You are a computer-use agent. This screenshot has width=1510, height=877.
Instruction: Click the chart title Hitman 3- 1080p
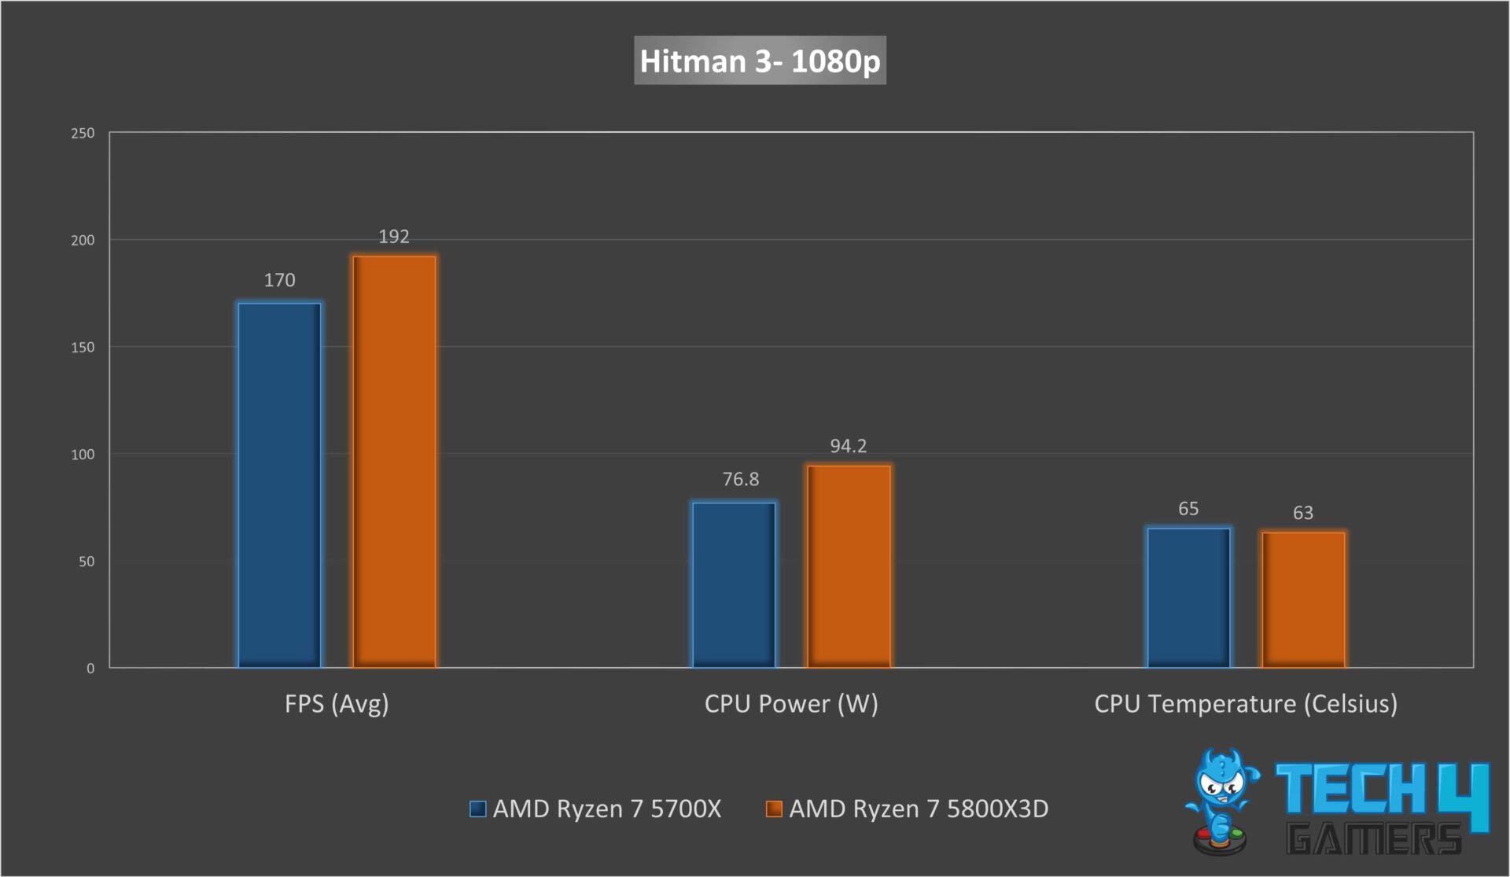[x=760, y=61]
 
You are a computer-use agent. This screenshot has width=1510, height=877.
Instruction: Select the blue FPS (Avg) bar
[x=279, y=485]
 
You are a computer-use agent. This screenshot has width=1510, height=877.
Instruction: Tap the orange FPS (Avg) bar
[x=394, y=462]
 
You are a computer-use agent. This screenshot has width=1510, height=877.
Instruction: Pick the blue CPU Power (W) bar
[x=734, y=584]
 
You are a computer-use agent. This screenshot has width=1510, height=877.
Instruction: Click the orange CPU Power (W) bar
[x=849, y=566]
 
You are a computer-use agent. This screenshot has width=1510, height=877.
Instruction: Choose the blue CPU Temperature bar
[x=1188, y=597]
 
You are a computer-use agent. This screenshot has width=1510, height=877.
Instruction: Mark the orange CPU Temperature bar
[x=1303, y=599]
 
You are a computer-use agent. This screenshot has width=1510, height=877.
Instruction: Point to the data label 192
[x=394, y=237]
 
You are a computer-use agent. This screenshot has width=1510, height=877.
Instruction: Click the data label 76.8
[x=741, y=479]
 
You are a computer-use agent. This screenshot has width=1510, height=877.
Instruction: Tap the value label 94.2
[x=849, y=446]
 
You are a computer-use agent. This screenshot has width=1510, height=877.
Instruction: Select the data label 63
[x=1303, y=513]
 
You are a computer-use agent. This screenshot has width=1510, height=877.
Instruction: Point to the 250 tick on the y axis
[x=83, y=133]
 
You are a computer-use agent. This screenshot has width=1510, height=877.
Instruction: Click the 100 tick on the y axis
[x=83, y=454]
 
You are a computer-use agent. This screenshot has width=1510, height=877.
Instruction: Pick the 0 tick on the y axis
[x=90, y=669]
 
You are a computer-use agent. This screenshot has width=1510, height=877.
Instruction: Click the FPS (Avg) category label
[x=337, y=703]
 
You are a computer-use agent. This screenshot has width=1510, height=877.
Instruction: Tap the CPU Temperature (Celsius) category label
[x=1246, y=703]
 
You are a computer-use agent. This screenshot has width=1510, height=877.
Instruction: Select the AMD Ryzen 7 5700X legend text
[x=606, y=809]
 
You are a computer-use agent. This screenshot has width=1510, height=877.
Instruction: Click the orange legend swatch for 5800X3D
[x=774, y=809]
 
